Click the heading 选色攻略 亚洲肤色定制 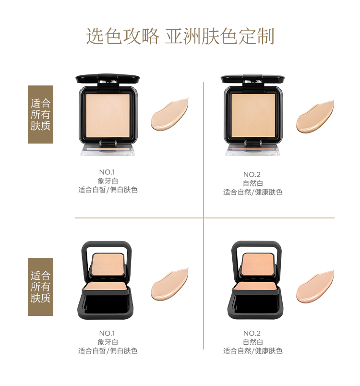pos(180,36)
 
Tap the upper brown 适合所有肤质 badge pos(41,114)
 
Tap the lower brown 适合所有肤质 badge pos(41,287)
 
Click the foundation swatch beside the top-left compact pos(169,115)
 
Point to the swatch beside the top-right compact pos(315,117)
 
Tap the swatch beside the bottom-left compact pos(169,285)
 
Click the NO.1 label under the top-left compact pos(107,172)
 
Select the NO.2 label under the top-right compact pos(252,175)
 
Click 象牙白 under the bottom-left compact pos(108,342)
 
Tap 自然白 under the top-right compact pos(253,183)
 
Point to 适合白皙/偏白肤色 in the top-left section pos(108,190)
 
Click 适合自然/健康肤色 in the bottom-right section pos(252,351)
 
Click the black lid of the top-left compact pos(108,79)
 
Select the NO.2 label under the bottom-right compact pos(252,333)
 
